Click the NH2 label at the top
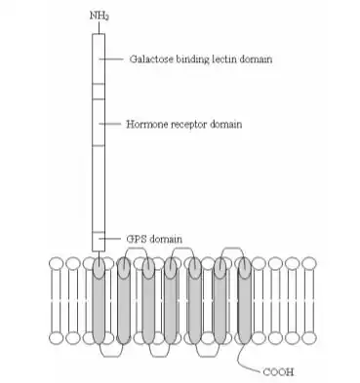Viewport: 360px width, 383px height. tap(99, 16)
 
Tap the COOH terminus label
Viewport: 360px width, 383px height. tap(278, 371)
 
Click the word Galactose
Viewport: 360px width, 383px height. tap(151, 59)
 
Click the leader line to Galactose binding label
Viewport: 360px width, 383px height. tap(111, 58)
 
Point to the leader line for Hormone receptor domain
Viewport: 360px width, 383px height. tap(110, 124)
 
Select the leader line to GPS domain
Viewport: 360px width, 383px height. tap(110, 239)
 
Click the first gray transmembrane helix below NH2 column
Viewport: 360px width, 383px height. tap(99, 300)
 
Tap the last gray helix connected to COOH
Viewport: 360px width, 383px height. tap(245, 300)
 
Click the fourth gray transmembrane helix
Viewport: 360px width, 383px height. tap(171, 300)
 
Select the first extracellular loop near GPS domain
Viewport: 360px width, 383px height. tap(136, 249)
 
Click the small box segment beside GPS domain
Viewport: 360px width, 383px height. tap(99, 242)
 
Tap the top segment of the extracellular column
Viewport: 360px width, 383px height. tap(99, 58)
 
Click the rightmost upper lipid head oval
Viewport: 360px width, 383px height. tap(308, 263)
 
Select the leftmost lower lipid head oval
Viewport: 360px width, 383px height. tap(57, 338)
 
